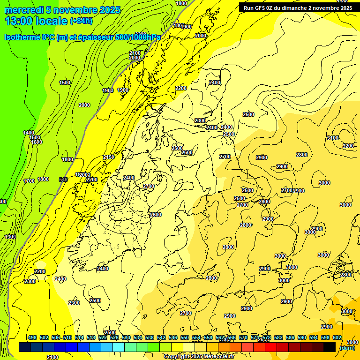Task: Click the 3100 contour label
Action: click(332, 138)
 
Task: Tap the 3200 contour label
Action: click(348, 146)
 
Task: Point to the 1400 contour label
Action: click(29, 133)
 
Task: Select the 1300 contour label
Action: click(10, 237)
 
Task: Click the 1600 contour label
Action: click(37, 142)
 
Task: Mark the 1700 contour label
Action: click(29, 181)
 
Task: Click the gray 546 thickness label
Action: click(63, 180)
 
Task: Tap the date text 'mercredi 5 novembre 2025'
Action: click(63, 10)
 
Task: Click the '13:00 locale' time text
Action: click(36, 21)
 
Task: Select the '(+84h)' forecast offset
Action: click(81, 21)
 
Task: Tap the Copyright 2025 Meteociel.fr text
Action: click(199, 357)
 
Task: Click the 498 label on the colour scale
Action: click(32, 337)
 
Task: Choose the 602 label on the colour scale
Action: click(337, 337)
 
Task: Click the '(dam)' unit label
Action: click(347, 348)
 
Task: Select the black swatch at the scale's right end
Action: click(329, 347)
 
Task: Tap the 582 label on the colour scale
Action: click(278, 337)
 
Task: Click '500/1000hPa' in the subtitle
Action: click(138, 37)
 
